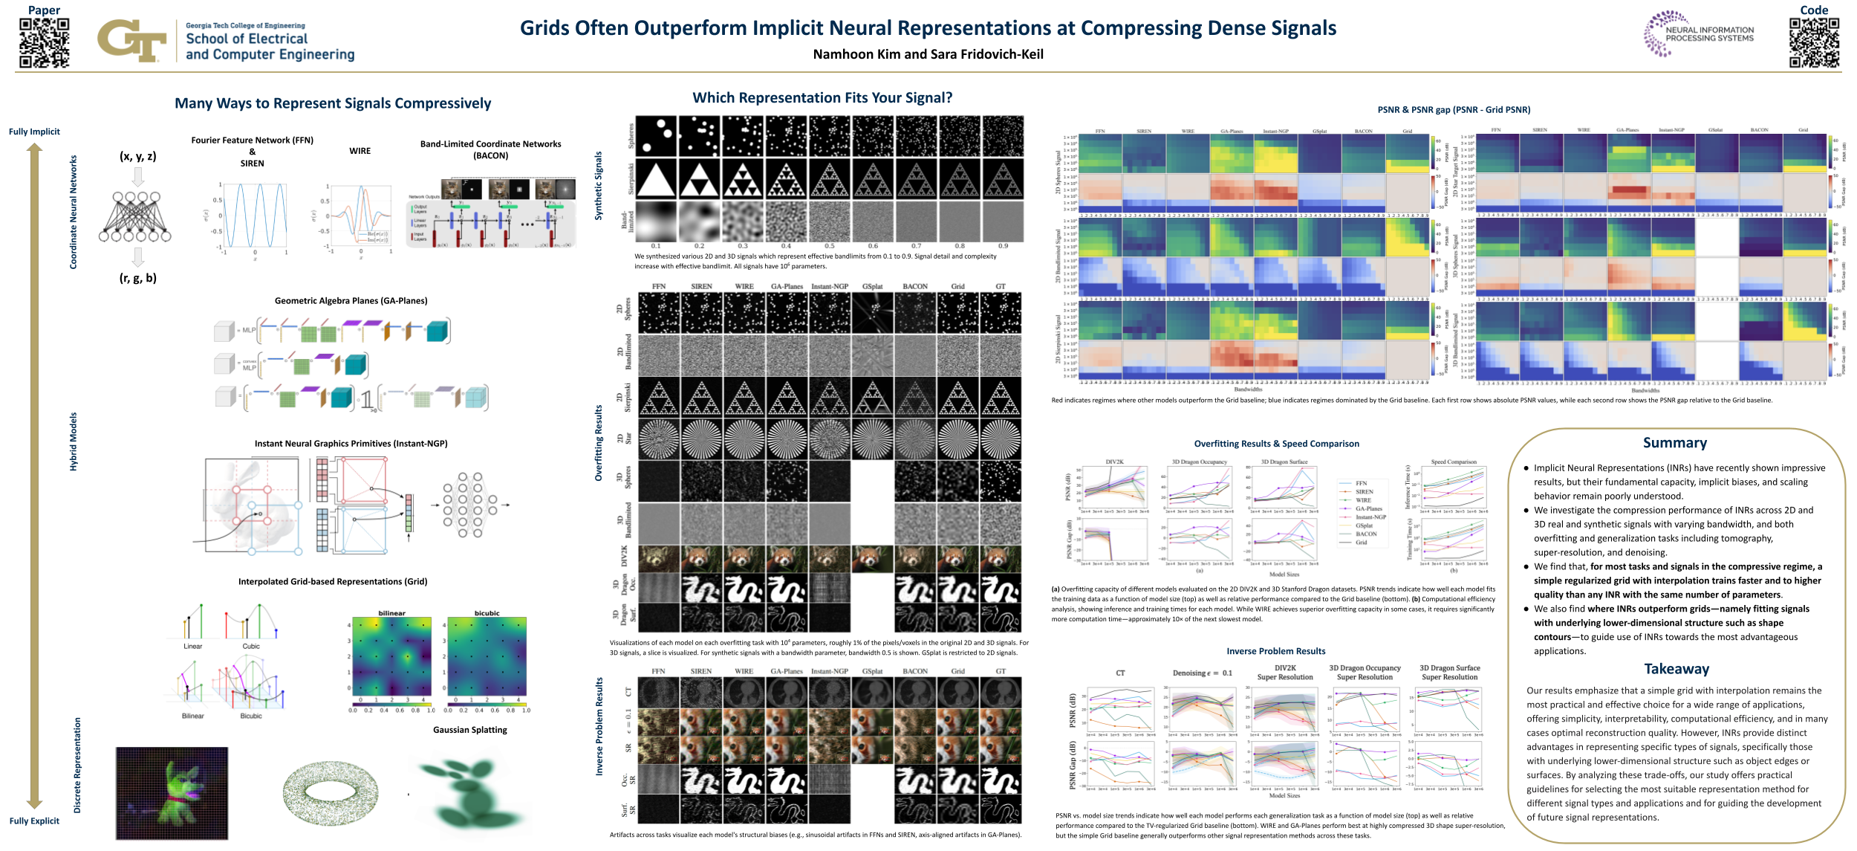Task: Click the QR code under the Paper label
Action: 45,43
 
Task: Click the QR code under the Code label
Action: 1814,43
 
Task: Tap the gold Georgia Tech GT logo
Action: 131,40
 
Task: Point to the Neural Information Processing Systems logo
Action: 1698,33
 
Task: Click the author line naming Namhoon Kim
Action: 928,54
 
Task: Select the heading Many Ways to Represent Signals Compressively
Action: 333,103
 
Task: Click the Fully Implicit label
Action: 34,132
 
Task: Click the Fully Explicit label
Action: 34,821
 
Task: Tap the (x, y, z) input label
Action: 138,156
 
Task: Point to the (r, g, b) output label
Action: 138,278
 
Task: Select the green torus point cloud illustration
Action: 331,792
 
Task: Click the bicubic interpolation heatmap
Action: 487,656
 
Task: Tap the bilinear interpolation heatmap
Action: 391,656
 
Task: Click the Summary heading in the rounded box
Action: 1674,443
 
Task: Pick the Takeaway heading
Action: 1676,669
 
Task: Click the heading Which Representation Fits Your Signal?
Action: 822,98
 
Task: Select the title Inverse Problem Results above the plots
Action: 1275,651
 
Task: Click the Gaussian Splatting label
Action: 470,730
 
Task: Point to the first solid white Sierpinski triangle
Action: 656,179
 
